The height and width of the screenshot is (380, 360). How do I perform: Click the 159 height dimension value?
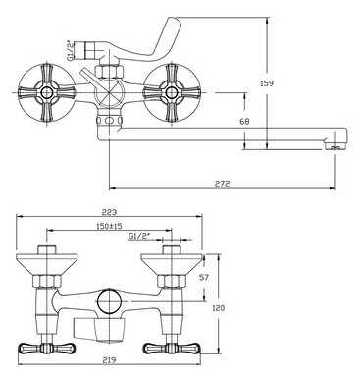click(267, 83)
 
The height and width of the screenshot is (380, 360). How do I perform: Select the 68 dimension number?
click(244, 122)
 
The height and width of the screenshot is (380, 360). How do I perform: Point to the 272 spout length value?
click(222, 184)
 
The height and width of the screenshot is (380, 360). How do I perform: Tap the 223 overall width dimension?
click(109, 212)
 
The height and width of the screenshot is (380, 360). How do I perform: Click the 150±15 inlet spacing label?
click(109, 226)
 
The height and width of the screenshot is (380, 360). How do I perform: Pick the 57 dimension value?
click(204, 278)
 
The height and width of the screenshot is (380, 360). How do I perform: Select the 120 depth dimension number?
click(219, 308)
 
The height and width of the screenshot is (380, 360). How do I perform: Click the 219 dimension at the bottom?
click(109, 360)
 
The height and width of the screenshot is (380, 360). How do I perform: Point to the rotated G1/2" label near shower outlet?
click(70, 51)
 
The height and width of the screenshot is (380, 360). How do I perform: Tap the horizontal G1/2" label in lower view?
click(137, 236)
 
